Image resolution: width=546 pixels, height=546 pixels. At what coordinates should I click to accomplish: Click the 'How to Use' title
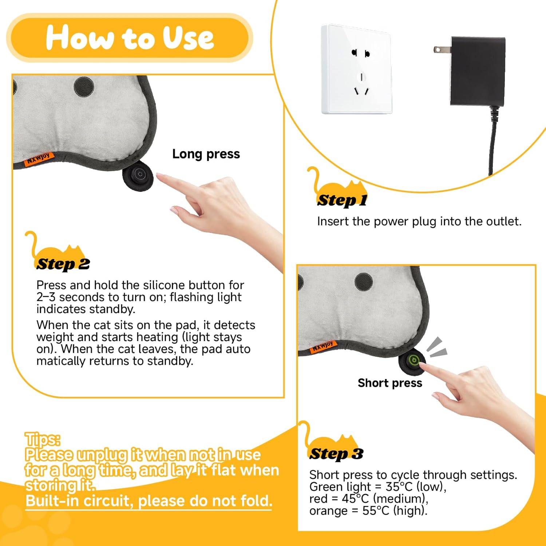point(130,37)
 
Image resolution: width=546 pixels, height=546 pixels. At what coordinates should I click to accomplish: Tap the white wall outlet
point(357,69)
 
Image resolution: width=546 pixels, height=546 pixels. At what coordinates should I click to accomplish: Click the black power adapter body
point(478,71)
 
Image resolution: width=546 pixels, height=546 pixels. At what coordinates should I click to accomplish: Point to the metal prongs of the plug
point(442,50)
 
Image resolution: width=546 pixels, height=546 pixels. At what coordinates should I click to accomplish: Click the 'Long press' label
point(206,154)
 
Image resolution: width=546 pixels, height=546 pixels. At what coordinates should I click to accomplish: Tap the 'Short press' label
point(390,383)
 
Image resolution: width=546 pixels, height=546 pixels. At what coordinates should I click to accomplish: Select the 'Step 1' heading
point(342,200)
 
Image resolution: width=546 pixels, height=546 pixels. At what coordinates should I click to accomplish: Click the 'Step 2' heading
point(63,264)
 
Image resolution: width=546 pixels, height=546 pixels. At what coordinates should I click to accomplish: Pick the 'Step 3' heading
point(336,454)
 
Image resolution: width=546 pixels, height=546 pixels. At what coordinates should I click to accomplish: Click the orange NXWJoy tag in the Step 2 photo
point(39,159)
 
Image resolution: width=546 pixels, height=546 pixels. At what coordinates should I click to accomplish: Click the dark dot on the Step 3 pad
point(364,281)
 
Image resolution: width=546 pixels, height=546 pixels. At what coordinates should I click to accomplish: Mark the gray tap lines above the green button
point(437,347)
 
